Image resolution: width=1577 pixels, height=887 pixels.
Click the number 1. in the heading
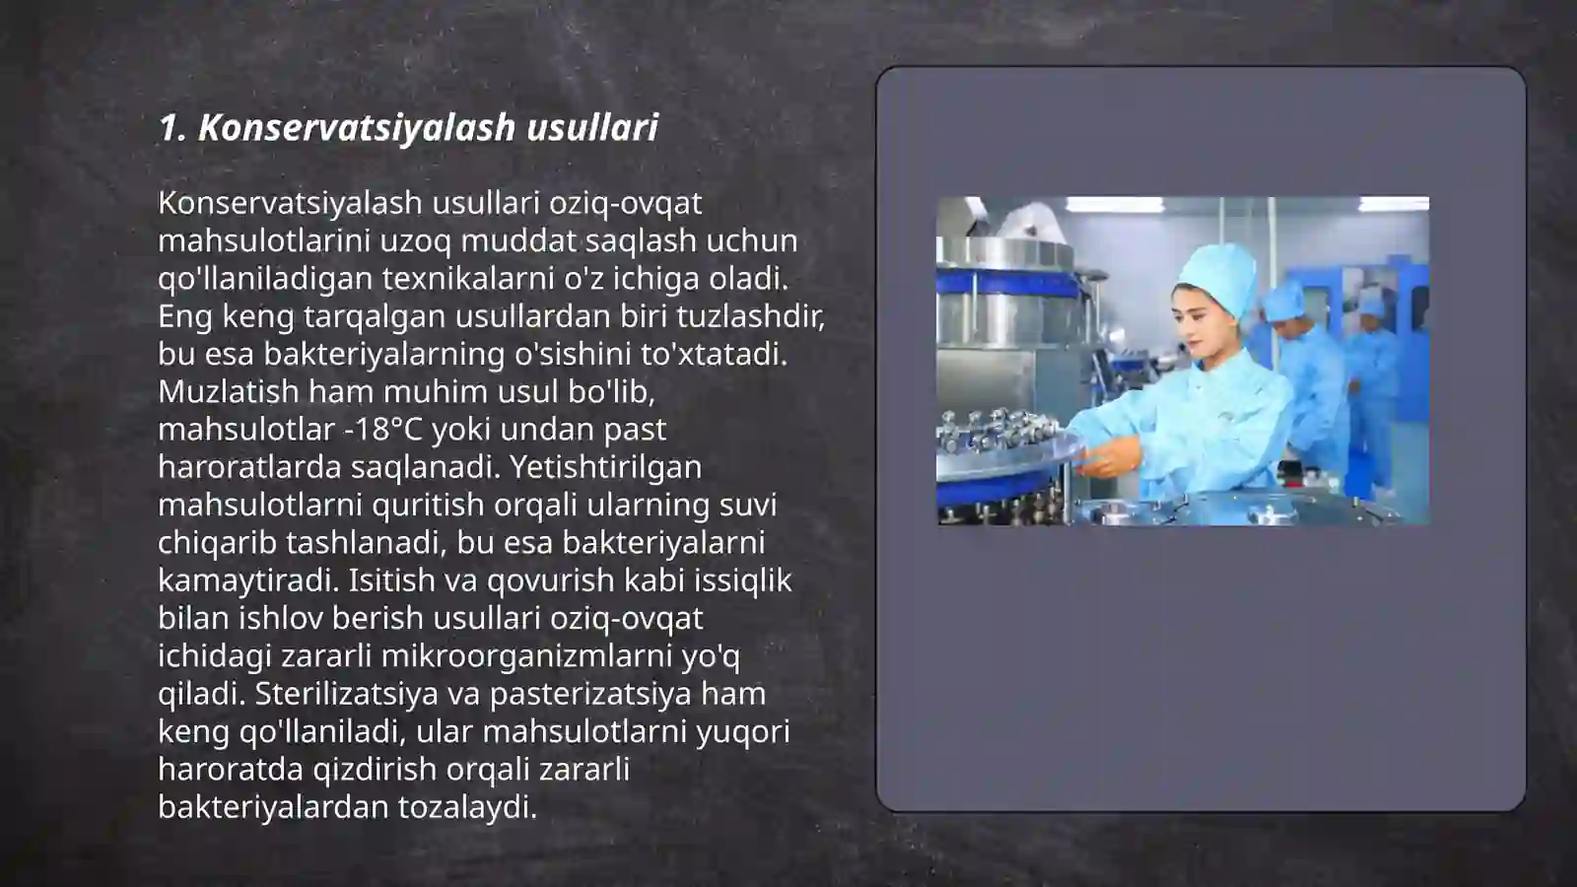pos(172,127)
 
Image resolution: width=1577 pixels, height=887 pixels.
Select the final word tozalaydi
pos(467,806)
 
